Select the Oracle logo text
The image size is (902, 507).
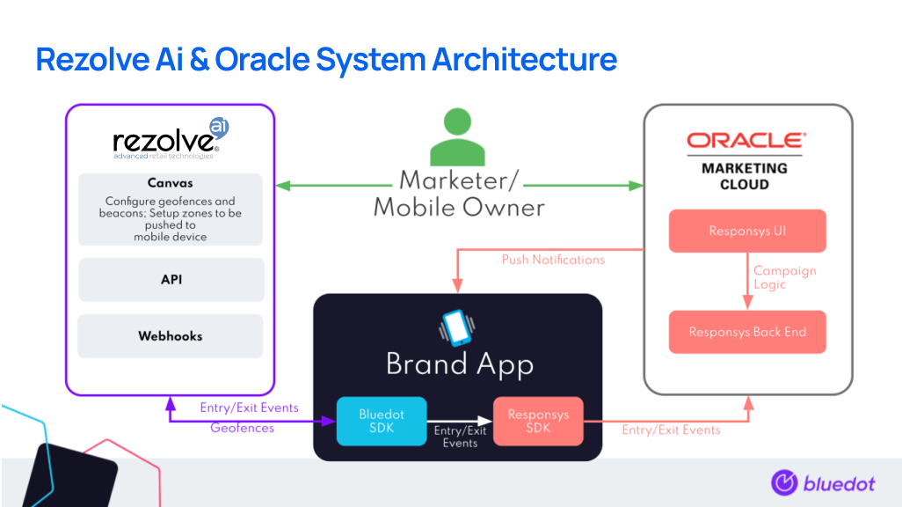pyautogui.click(x=746, y=141)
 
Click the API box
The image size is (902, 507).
pyautogui.click(x=171, y=280)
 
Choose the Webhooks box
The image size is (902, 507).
pyautogui.click(x=171, y=336)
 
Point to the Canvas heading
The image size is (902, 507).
pyautogui.click(x=171, y=184)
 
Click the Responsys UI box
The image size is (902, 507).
pyautogui.click(x=747, y=231)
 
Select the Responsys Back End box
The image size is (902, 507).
pyautogui.click(x=747, y=333)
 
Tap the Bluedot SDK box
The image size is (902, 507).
pyautogui.click(x=382, y=421)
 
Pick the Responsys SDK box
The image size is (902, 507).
pyautogui.click(x=536, y=421)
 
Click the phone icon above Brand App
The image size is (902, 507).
pyautogui.click(x=455, y=327)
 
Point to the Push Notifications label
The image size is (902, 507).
pyautogui.click(x=553, y=260)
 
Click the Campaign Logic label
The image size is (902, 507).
pyautogui.click(x=784, y=277)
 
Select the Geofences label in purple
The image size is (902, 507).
pyautogui.click(x=242, y=428)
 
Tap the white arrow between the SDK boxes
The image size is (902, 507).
pyautogui.click(x=460, y=421)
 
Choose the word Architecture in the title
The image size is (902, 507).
pyautogui.click(x=524, y=60)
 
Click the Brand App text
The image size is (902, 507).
pyautogui.click(x=459, y=364)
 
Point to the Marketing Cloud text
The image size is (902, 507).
pyautogui.click(x=745, y=176)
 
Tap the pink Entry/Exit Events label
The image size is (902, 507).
pyautogui.click(x=671, y=430)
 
